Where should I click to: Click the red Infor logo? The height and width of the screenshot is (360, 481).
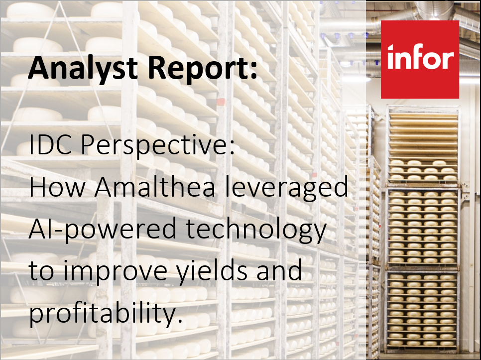pyautogui.click(x=420, y=59)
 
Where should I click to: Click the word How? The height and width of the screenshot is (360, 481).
pyautogui.click(x=57, y=187)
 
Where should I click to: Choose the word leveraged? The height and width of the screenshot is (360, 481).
pyautogui.click(x=286, y=188)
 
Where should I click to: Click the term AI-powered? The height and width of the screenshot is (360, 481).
pyautogui.click(x=103, y=230)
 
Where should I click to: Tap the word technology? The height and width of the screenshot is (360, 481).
pyautogui.click(x=256, y=230)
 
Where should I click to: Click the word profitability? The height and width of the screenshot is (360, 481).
pyautogui.click(x=102, y=313)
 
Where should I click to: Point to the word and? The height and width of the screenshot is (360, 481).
pyautogui.click(x=279, y=270)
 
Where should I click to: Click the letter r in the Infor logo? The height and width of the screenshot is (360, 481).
pyautogui.click(x=449, y=59)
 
